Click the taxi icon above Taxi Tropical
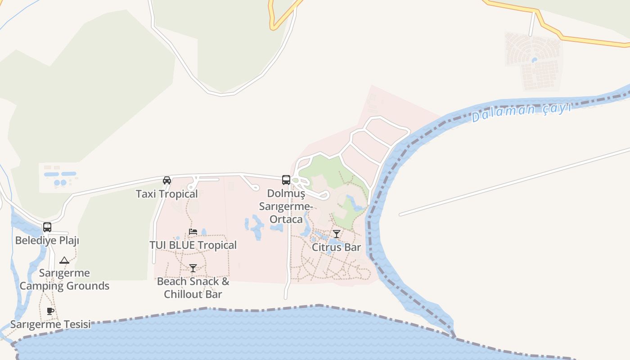pyautogui.click(x=167, y=180)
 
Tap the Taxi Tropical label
pyautogui.click(x=166, y=194)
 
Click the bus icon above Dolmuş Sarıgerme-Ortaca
pyautogui.click(x=286, y=180)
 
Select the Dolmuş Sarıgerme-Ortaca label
pyautogui.click(x=286, y=206)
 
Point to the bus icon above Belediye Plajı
pyautogui.click(x=47, y=227)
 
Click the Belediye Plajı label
pyautogui.click(x=47, y=240)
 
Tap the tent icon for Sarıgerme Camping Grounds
pyautogui.click(x=64, y=260)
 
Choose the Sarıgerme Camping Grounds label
pyautogui.click(x=64, y=279)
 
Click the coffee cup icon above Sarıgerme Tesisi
pyautogui.click(x=50, y=311)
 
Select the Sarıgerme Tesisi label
pyautogui.click(x=50, y=324)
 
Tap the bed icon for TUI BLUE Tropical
pyautogui.click(x=193, y=232)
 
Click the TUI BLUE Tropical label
pyautogui.click(x=193, y=245)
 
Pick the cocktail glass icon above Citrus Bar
pyautogui.click(x=337, y=234)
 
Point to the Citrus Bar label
pyautogui.click(x=337, y=247)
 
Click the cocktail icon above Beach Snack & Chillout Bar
pyautogui.click(x=193, y=268)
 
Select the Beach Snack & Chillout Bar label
pyautogui.click(x=193, y=288)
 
